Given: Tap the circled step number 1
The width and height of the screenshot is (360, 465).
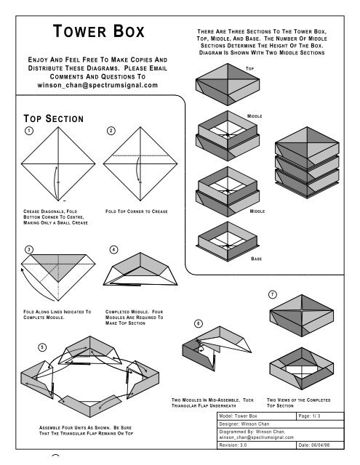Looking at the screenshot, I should click(27, 131).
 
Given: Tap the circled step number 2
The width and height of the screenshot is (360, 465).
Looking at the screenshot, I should click(110, 131).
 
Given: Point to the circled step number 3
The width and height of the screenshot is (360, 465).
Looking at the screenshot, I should click(27, 249).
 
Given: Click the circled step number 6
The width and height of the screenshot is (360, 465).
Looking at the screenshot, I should click(198, 323).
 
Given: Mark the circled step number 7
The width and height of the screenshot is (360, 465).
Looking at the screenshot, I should click(272, 294).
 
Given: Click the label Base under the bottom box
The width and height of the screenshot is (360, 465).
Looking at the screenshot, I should click(256, 258).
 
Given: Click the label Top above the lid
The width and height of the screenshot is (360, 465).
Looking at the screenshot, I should click(249, 67).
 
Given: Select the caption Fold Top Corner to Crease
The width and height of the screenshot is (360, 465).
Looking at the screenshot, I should click(137, 211).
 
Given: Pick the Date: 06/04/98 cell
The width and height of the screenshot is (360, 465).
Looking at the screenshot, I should click(319, 446).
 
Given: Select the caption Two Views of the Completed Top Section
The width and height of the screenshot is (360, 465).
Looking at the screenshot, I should click(295, 403).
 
